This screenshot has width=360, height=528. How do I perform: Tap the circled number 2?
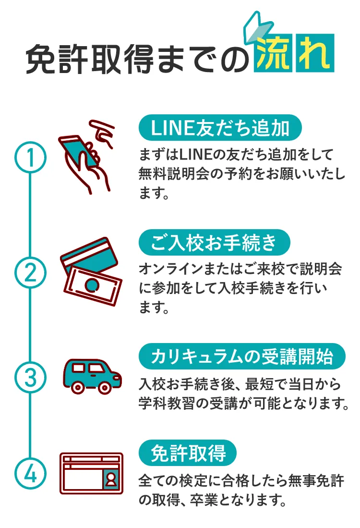pyautogui.click(x=31, y=272)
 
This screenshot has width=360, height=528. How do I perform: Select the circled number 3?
pyautogui.click(x=31, y=377)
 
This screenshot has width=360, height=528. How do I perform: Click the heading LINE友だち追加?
pyautogui.click(x=220, y=128)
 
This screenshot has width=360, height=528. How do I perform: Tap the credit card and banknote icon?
pyautogui.click(x=91, y=271)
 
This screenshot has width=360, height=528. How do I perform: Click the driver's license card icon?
pyautogui.click(x=91, y=473)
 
